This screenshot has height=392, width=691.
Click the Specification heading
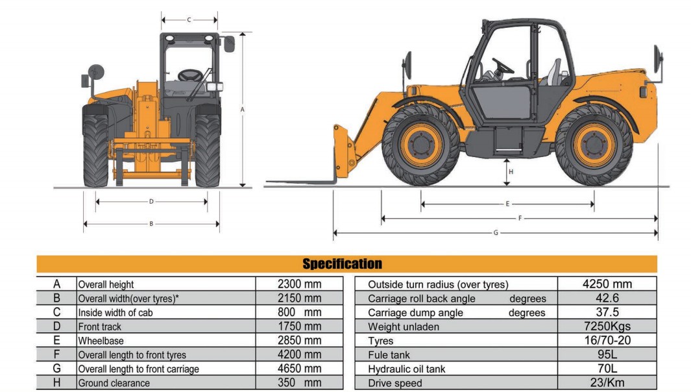click(x=342, y=264)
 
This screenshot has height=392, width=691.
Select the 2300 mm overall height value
click(x=299, y=284)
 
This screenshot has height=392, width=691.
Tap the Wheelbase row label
click(x=101, y=341)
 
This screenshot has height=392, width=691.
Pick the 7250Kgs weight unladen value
click(x=607, y=326)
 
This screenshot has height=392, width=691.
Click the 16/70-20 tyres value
click(x=607, y=341)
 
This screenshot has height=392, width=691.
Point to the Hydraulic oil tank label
click(x=407, y=369)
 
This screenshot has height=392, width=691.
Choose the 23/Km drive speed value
click(x=607, y=383)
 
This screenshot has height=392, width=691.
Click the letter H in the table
click(x=57, y=383)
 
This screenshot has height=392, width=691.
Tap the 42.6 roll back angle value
click(x=607, y=299)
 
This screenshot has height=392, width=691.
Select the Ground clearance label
click(x=114, y=384)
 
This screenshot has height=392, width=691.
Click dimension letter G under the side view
click(x=496, y=232)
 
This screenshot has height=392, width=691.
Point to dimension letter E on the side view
click(x=507, y=204)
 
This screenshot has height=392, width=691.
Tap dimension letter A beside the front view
click(x=242, y=110)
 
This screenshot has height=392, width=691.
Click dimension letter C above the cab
click(x=189, y=19)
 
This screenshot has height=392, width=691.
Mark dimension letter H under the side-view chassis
click(x=511, y=172)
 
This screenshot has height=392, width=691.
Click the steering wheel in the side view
click(x=502, y=66)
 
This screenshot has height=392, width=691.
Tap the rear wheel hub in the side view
click(x=594, y=145)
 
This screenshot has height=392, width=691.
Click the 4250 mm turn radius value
click(x=607, y=284)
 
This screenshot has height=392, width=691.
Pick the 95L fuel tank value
click(x=607, y=355)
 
